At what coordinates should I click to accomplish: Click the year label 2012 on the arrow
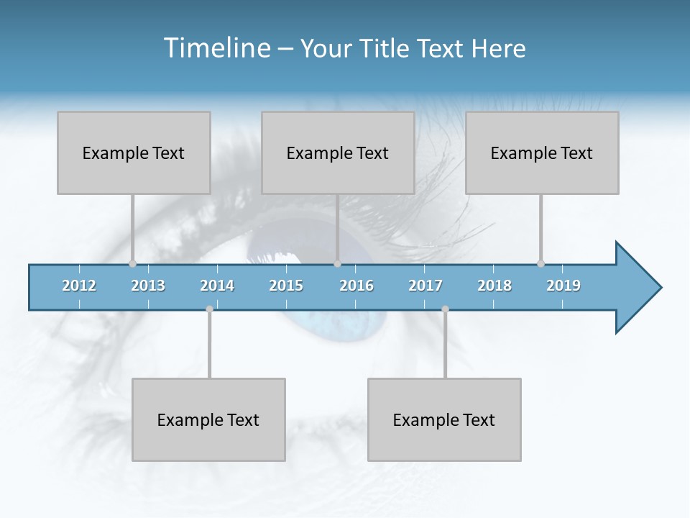pos(79,286)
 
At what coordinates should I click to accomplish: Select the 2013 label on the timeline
pos(148,286)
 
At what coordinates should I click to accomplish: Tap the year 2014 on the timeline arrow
pos(217,286)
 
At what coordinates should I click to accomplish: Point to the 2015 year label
pos(286,286)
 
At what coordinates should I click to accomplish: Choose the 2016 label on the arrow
pos(356,286)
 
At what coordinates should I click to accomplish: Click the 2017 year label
pos(425,286)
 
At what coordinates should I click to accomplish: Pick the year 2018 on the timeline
pos(494,286)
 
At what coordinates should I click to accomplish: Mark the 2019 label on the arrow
pos(563,286)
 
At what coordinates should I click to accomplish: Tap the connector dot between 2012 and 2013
pos(132,263)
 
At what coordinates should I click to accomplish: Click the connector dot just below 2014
pos(209,309)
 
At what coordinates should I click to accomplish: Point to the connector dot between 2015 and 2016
pos(337,263)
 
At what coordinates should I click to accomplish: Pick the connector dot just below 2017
pos(445,309)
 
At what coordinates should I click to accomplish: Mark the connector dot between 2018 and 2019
pos(540,263)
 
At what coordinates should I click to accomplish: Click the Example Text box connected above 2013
pos(134,153)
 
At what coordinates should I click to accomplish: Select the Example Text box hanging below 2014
pos(208,419)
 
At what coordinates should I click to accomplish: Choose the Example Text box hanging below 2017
pos(444,419)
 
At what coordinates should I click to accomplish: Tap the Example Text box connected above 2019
pos(542,153)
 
